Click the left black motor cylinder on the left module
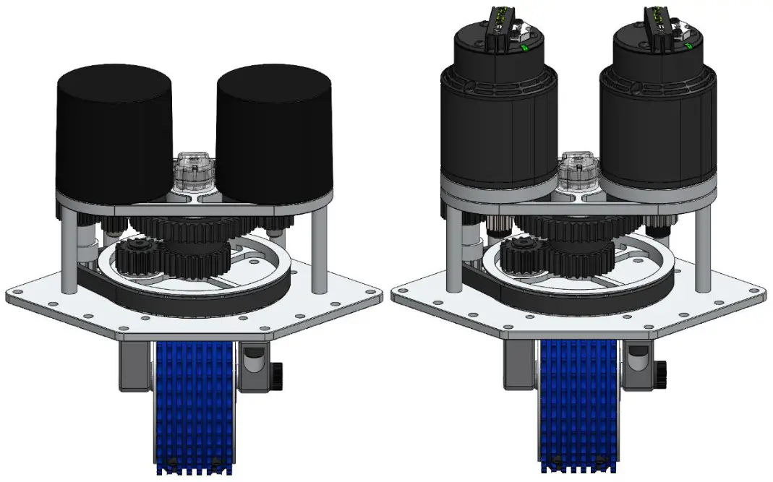[114, 134]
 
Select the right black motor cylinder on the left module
[273, 134]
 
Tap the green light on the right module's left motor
[524, 49]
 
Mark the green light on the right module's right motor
[688, 47]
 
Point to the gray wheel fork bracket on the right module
[519, 365]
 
